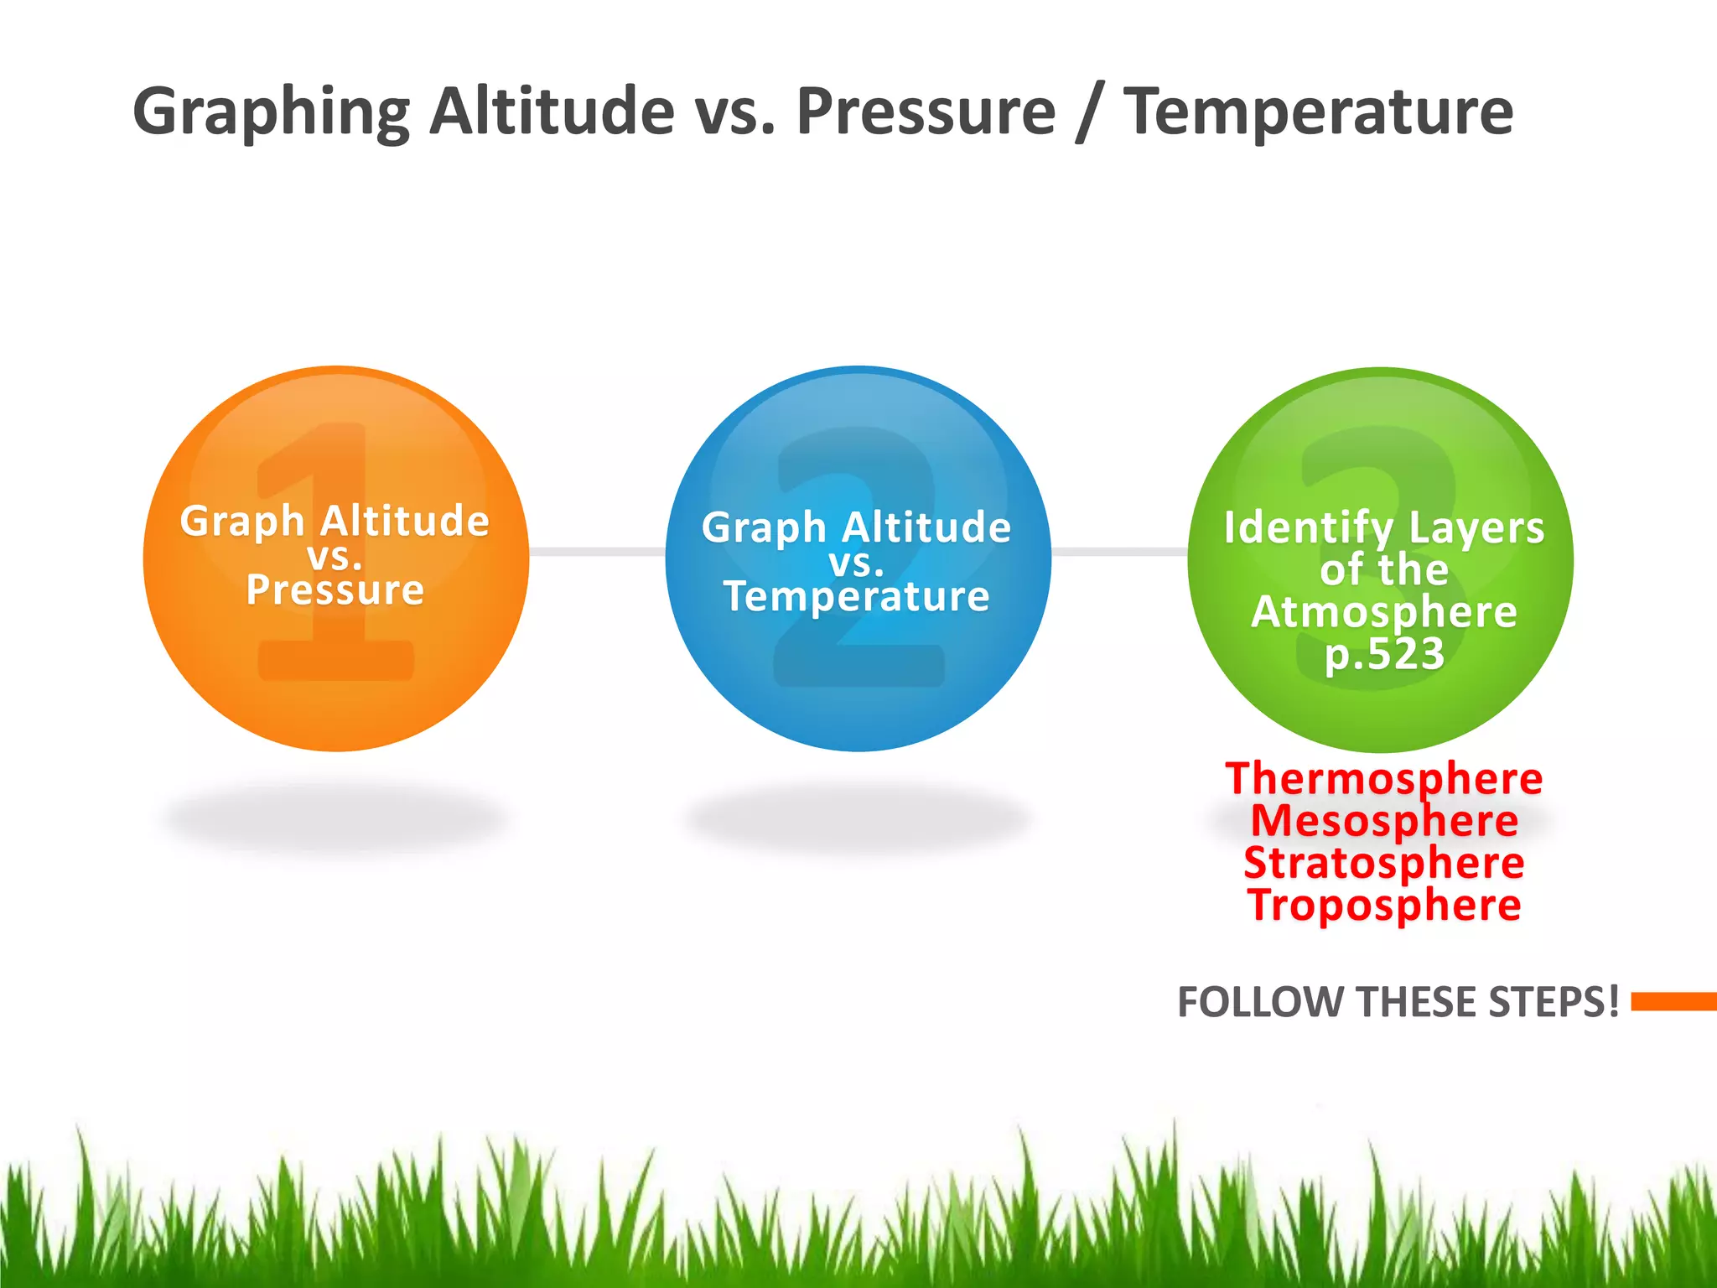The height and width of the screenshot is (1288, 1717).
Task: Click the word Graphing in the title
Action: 270,113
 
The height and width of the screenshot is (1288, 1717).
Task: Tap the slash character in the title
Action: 1088,113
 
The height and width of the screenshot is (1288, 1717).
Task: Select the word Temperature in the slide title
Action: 1318,113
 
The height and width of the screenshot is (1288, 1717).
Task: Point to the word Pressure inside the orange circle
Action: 335,589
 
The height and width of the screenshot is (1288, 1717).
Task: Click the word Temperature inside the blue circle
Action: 857,596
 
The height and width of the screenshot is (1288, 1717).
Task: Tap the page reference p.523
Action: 1384,653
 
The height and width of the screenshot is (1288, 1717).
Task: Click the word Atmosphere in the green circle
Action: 1384,612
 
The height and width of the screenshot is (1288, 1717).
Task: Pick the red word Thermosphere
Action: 1384,778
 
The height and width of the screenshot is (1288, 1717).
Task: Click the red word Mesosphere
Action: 1384,820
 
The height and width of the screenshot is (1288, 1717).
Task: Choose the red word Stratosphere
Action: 1384,863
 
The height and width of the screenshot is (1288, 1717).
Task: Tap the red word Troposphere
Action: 1384,905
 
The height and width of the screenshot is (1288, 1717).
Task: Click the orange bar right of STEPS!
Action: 1673,1001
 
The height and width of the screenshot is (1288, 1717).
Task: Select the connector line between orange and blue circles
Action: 597,551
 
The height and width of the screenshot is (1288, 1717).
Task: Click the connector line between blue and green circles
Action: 1119,551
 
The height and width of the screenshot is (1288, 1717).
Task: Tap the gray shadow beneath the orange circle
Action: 335,818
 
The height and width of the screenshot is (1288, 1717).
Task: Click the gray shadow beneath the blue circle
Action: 857,818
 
